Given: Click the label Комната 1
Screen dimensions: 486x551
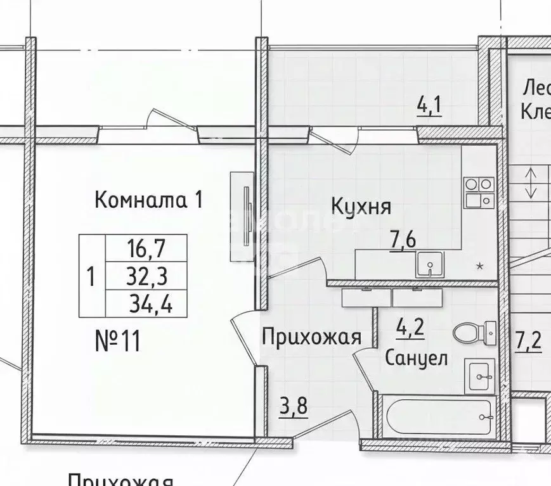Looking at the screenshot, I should [148, 200].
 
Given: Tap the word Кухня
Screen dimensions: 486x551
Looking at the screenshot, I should [361, 206].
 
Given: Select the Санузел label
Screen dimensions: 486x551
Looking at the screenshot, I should [416, 358].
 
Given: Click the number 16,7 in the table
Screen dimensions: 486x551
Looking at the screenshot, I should [145, 245].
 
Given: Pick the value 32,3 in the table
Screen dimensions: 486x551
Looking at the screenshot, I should [145, 276].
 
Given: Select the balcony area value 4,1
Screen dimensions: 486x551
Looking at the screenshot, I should [429, 105].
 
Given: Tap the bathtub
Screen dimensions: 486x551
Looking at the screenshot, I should [436, 416].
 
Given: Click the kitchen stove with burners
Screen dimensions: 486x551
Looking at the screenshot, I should [479, 191].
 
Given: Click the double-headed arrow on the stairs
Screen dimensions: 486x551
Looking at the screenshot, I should [531, 182].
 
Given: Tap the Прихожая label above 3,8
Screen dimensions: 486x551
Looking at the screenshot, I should [311, 337].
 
